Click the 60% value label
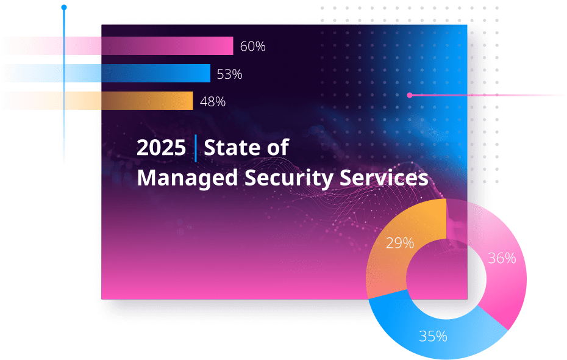[x=252, y=46]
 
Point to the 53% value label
[x=229, y=74]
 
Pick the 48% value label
[x=213, y=102]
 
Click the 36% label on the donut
[x=502, y=258]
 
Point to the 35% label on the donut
[x=433, y=336]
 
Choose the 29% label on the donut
[x=400, y=243]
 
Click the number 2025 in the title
[x=161, y=148]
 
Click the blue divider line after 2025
[x=196, y=148]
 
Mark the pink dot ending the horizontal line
[x=410, y=95]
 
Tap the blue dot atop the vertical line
[x=64, y=7]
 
